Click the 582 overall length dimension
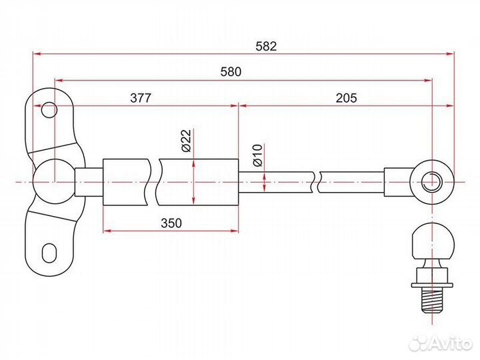point(266,47)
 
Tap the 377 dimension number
point(140,97)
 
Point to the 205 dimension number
point(346,97)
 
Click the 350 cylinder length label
point(171,223)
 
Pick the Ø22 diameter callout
point(187,141)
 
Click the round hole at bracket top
point(49,110)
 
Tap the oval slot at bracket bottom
point(49,253)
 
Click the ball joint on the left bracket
point(52,181)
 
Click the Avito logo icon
point(419,343)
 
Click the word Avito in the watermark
point(450,343)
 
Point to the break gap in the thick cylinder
point(152,181)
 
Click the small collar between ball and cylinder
point(88,181)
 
